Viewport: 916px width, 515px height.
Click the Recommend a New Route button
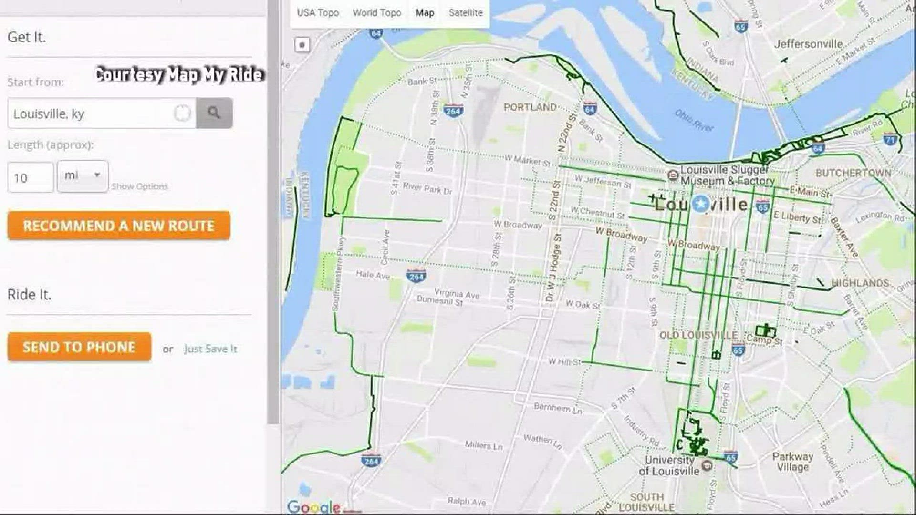(118, 226)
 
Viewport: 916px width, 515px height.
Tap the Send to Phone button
(79, 347)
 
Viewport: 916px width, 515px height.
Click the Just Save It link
(210, 349)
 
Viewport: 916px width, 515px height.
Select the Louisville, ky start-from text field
(91, 113)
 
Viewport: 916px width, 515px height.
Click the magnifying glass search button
(214, 113)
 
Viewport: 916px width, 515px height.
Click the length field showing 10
(30, 178)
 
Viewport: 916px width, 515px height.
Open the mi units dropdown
(83, 176)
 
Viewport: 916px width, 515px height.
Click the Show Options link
(140, 186)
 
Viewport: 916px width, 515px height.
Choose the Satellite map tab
(465, 13)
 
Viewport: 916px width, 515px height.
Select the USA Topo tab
(318, 13)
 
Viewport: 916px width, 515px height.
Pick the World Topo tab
(377, 13)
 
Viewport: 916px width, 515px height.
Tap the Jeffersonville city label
(808, 44)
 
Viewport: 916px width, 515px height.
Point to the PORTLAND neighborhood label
(530, 107)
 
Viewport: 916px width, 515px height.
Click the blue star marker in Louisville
(700, 204)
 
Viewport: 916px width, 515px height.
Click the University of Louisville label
(669, 465)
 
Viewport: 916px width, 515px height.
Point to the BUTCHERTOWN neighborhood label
(853, 173)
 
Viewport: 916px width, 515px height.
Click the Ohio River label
(694, 120)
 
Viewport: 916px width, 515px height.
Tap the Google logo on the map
(313, 506)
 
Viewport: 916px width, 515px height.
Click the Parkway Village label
(792, 461)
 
